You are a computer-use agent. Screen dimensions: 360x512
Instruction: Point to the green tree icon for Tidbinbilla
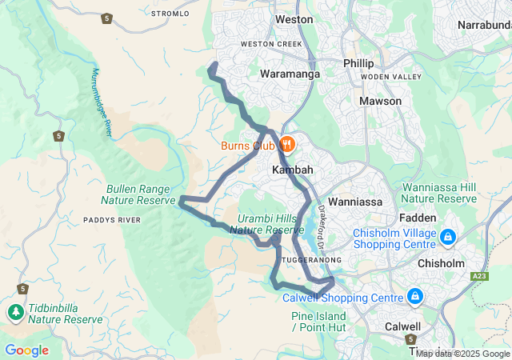point(15,310)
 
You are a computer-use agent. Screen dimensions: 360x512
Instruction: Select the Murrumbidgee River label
point(101,101)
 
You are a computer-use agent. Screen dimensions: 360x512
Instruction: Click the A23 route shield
point(478,276)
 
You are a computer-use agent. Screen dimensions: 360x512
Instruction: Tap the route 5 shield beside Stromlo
point(106,18)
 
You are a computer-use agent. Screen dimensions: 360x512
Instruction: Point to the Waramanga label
point(290,74)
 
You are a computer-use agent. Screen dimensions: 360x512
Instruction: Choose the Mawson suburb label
point(380,102)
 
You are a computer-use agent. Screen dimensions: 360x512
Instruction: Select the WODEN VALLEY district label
point(390,77)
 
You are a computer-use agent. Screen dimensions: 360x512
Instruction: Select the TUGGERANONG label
point(312,260)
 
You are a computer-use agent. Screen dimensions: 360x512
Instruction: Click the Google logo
point(26,350)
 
